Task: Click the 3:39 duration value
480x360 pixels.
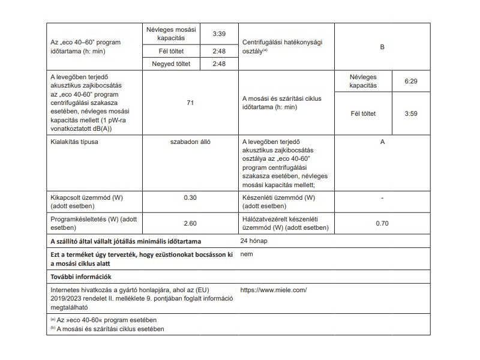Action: point(218,34)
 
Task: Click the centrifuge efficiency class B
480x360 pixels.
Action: point(382,46)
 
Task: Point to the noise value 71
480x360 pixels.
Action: point(190,103)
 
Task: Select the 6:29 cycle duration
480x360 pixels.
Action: point(410,80)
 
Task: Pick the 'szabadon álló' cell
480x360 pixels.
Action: point(190,142)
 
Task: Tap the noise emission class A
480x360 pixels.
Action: point(382,142)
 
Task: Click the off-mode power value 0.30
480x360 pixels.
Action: point(190,197)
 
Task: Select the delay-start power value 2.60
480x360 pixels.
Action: point(190,224)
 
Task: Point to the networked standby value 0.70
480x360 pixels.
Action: point(382,224)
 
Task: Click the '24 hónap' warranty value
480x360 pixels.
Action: point(254,241)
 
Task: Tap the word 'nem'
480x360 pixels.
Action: point(245,254)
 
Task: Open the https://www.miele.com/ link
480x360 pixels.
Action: point(273,290)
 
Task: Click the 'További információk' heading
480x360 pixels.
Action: point(81,277)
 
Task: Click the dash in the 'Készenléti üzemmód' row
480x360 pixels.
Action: point(382,197)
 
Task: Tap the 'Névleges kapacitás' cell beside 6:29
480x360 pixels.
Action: point(363,81)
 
